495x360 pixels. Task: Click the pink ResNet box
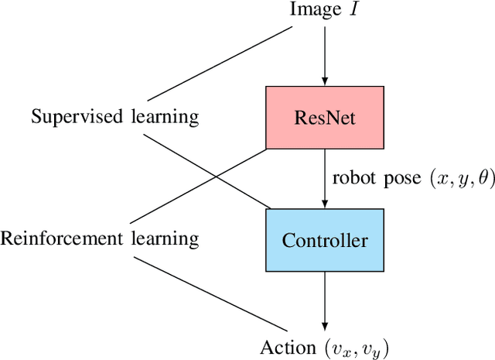coord(324,118)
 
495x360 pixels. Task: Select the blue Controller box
coord(324,240)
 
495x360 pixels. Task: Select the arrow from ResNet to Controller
coord(325,178)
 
